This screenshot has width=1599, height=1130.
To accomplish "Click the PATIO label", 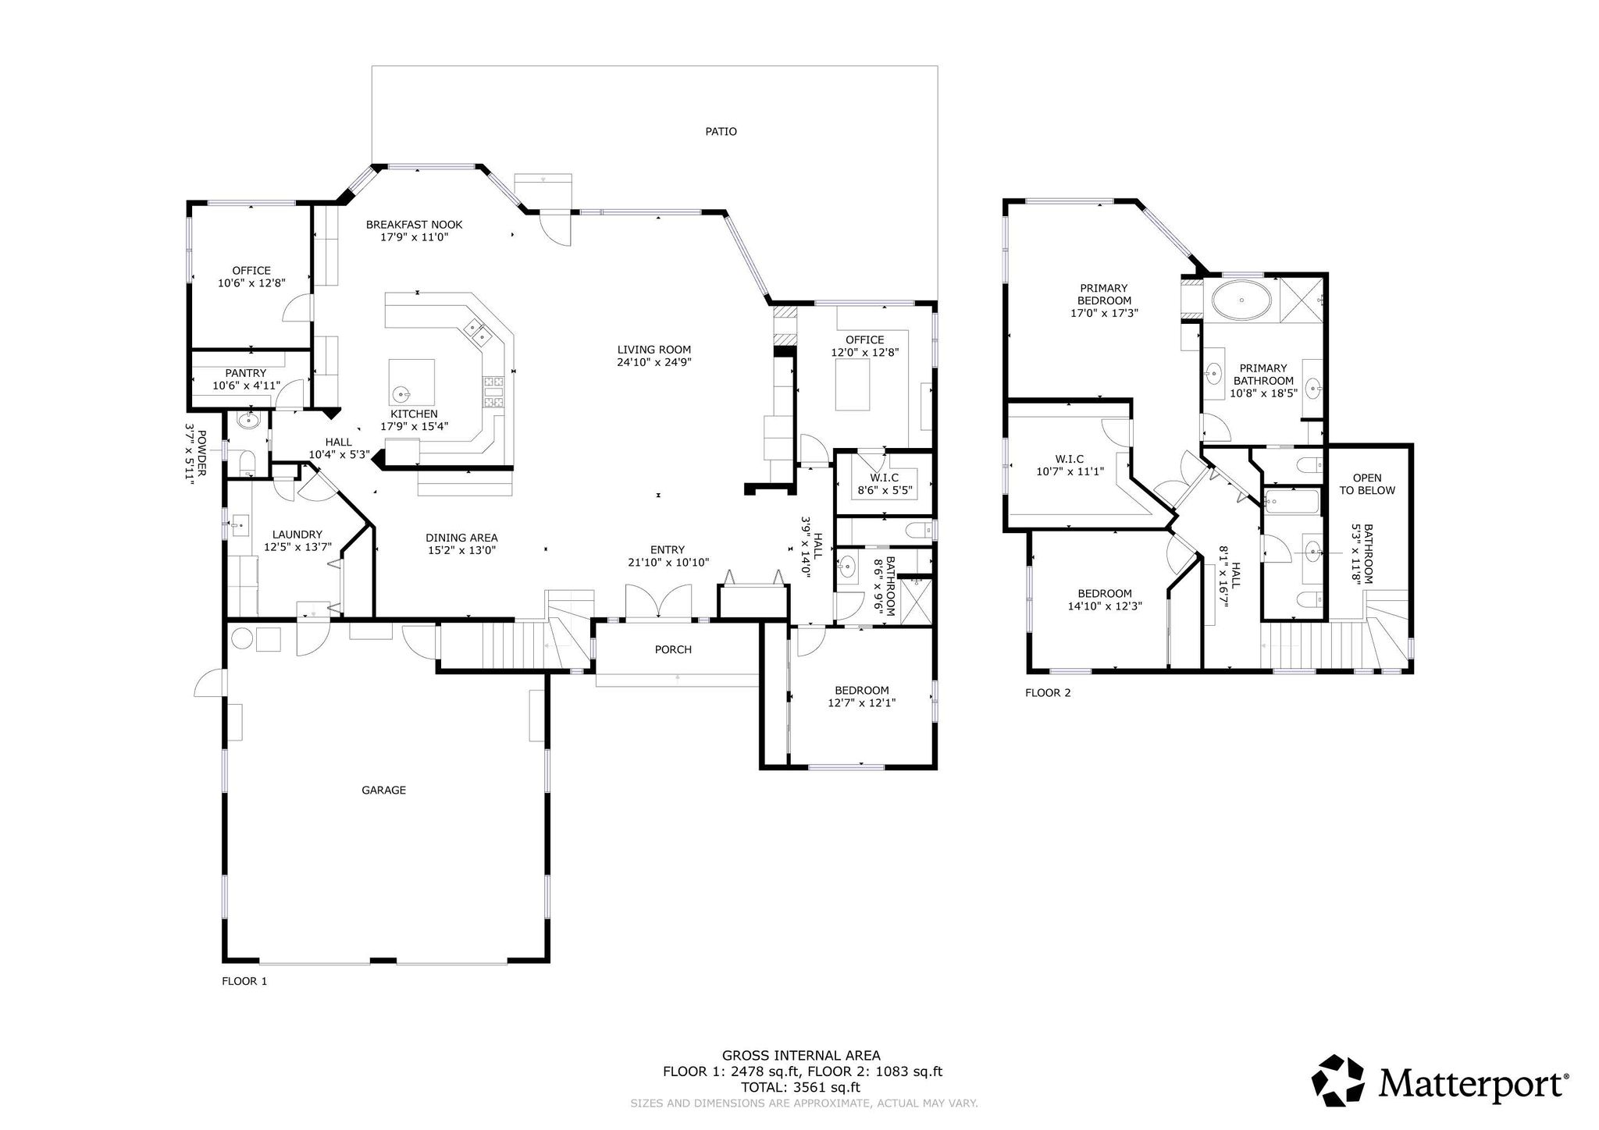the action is [x=721, y=132].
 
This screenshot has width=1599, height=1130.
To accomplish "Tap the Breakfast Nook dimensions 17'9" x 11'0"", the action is [x=414, y=237].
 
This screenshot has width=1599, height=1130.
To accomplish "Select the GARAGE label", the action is [x=383, y=791].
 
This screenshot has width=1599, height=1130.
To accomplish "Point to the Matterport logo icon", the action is [x=1337, y=1081].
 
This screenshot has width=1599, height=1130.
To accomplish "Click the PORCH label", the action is [x=673, y=649].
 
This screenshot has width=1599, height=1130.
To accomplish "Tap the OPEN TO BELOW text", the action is [x=1366, y=484].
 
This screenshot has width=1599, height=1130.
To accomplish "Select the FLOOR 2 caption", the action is [x=1048, y=693].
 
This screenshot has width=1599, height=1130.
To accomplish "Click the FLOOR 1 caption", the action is [x=244, y=981].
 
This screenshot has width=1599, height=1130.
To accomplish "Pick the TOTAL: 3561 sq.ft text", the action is [x=802, y=1087].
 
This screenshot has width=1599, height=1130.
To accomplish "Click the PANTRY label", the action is [x=245, y=373].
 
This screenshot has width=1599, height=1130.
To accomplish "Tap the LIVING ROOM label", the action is [x=654, y=350].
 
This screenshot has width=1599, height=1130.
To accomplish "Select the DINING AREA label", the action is [x=461, y=538].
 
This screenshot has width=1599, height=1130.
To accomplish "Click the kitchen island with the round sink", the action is [x=412, y=382].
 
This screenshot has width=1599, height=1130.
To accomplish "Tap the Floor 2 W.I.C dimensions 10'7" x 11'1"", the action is [x=1069, y=471].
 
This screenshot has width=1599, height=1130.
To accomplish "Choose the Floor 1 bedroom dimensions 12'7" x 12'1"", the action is [x=861, y=702].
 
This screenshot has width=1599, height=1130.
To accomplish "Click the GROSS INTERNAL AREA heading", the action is [x=801, y=1056].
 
